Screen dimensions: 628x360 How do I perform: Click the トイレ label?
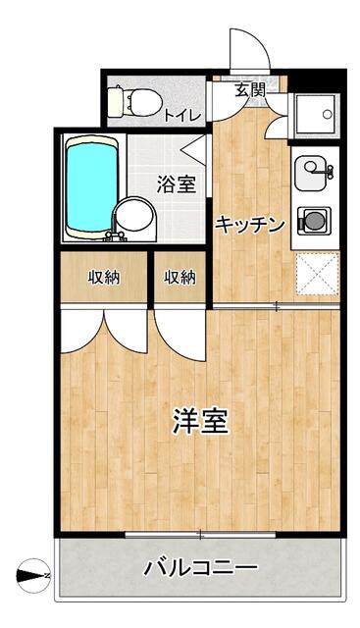[x=182, y=115]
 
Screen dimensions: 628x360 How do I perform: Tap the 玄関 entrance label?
[x=250, y=89]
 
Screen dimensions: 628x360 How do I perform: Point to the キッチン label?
[x=250, y=224]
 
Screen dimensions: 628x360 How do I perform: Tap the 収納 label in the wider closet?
[x=103, y=278]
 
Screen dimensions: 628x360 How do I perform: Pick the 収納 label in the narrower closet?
[x=180, y=278]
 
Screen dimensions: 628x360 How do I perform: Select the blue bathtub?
[x=92, y=186]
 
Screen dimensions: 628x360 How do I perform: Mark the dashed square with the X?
[x=317, y=275]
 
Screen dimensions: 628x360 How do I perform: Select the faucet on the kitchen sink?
[x=326, y=173]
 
